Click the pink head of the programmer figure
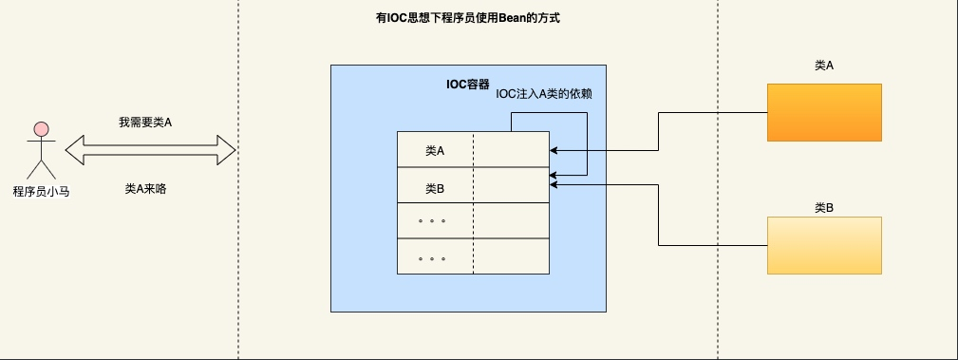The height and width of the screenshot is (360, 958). pyautogui.click(x=40, y=128)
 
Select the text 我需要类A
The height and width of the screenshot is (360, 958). pyautogui.click(x=145, y=123)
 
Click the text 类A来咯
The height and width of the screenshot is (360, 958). pyautogui.click(x=145, y=189)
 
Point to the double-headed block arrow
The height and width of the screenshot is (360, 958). pyautogui.click(x=150, y=149)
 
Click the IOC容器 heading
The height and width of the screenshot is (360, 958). pyautogui.click(x=467, y=83)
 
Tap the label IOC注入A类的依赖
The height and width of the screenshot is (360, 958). pyautogui.click(x=545, y=94)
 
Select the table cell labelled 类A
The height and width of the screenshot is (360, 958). pyautogui.click(x=435, y=150)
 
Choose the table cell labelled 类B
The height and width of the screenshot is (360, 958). pyautogui.click(x=435, y=187)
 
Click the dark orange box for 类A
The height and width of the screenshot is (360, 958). pyautogui.click(x=824, y=113)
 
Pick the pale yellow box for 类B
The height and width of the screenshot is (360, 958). pyautogui.click(x=824, y=246)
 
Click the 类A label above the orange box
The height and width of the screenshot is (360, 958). pyautogui.click(x=824, y=66)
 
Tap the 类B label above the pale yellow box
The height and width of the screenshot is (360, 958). pyautogui.click(x=824, y=206)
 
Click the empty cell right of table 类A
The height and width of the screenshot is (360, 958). pyautogui.click(x=511, y=150)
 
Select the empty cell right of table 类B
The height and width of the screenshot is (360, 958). pyautogui.click(x=511, y=187)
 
